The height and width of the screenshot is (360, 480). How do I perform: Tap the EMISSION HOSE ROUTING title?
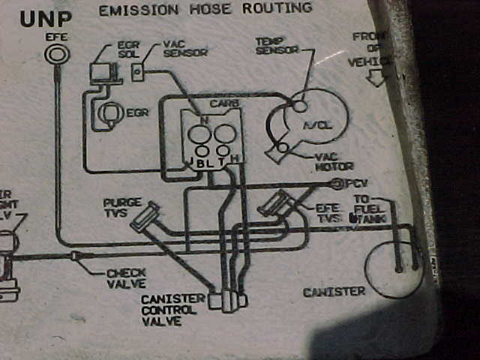205,9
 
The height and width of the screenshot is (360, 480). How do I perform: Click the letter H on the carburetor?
235,159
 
